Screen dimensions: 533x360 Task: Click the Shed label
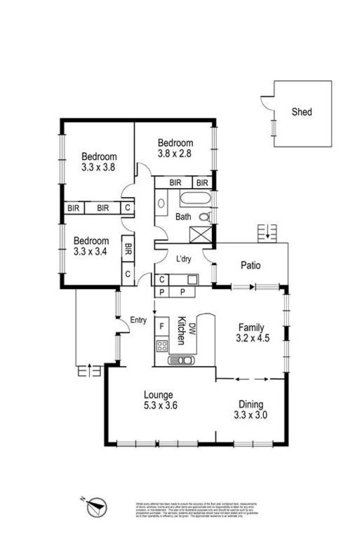302,112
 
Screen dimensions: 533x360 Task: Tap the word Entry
138,321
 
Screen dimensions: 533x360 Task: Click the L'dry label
184,259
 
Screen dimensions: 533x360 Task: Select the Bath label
183,217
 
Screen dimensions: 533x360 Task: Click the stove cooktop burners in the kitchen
161,345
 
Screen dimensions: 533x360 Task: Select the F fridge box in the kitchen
161,325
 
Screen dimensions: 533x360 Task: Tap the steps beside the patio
269,232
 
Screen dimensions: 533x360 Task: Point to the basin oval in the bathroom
161,204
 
